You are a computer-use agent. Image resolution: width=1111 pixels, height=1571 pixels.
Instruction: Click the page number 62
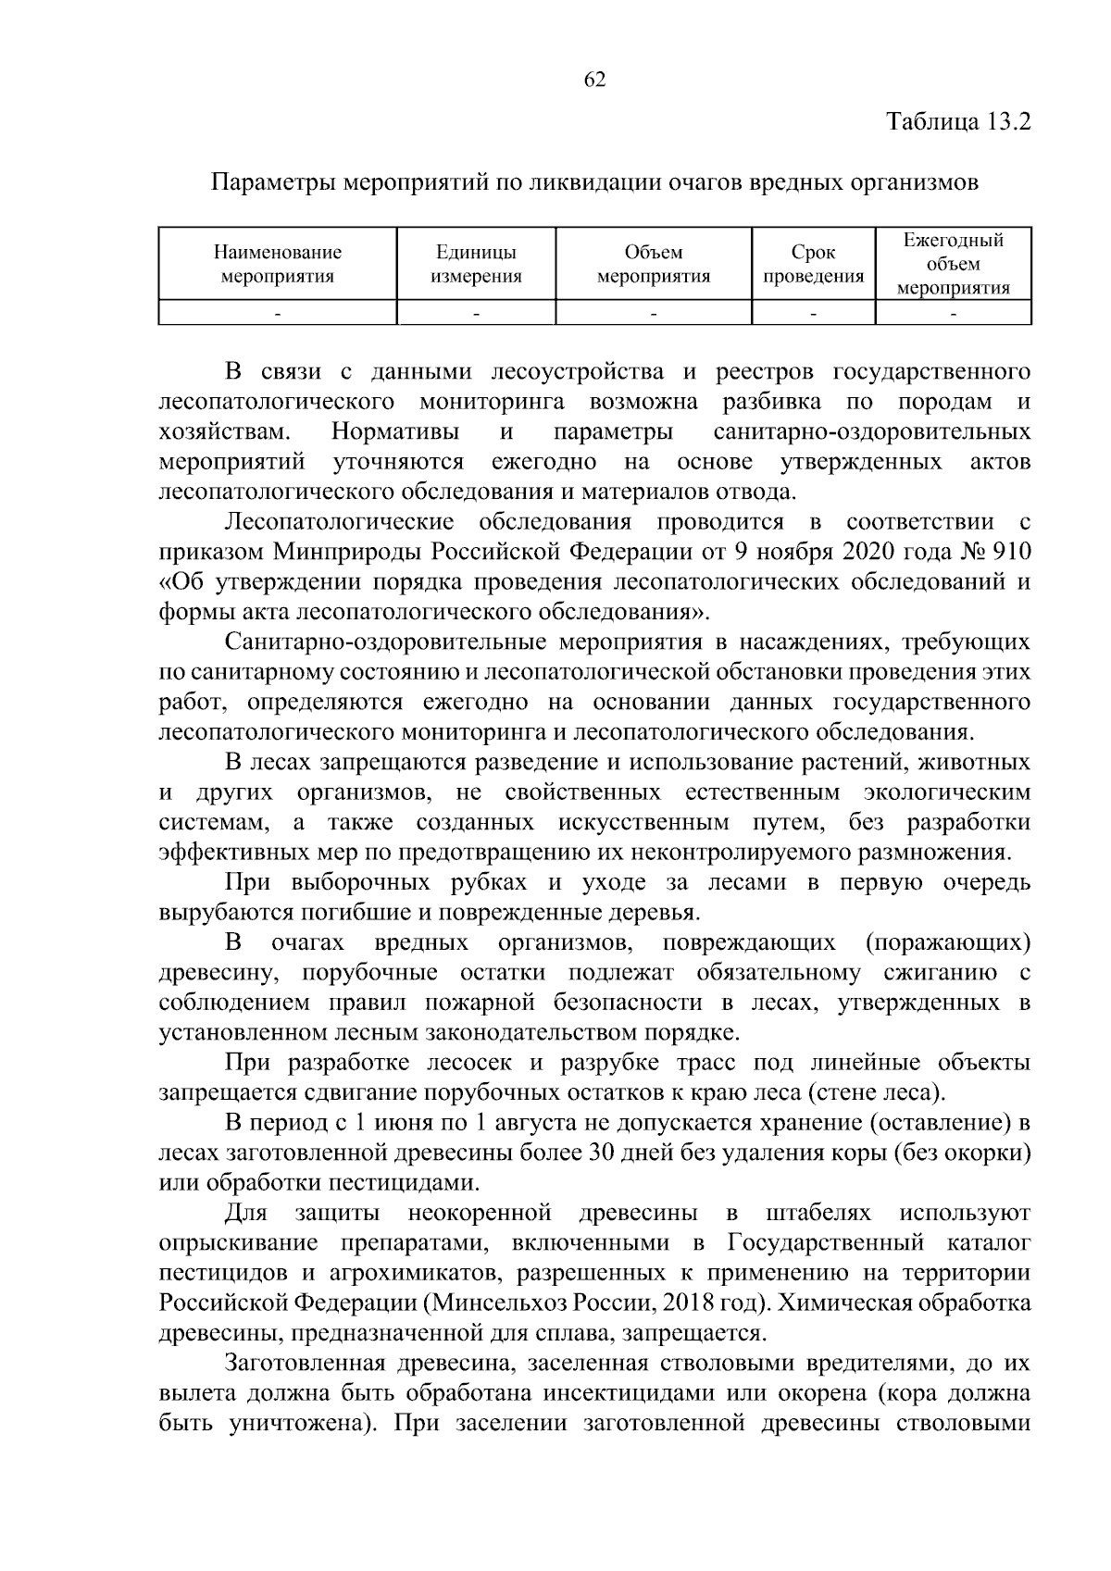(x=594, y=81)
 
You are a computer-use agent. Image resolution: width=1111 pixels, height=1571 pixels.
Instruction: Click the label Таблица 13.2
(x=958, y=122)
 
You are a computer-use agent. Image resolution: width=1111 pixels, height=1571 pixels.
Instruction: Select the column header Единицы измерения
(x=476, y=264)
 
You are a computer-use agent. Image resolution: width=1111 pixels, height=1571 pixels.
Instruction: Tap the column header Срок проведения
(x=813, y=264)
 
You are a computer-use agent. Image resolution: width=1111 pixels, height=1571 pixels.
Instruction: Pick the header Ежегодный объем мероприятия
(x=954, y=264)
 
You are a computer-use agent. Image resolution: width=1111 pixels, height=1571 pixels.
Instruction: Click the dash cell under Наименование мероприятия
(x=278, y=315)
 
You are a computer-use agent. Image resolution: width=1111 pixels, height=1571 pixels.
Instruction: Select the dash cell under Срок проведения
(x=813, y=315)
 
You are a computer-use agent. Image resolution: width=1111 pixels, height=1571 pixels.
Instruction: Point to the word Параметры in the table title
(x=275, y=182)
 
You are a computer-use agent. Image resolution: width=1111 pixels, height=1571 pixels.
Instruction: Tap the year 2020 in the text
(x=874, y=553)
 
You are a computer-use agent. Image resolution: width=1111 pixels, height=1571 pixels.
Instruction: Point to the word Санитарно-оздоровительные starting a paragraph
(x=387, y=642)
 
